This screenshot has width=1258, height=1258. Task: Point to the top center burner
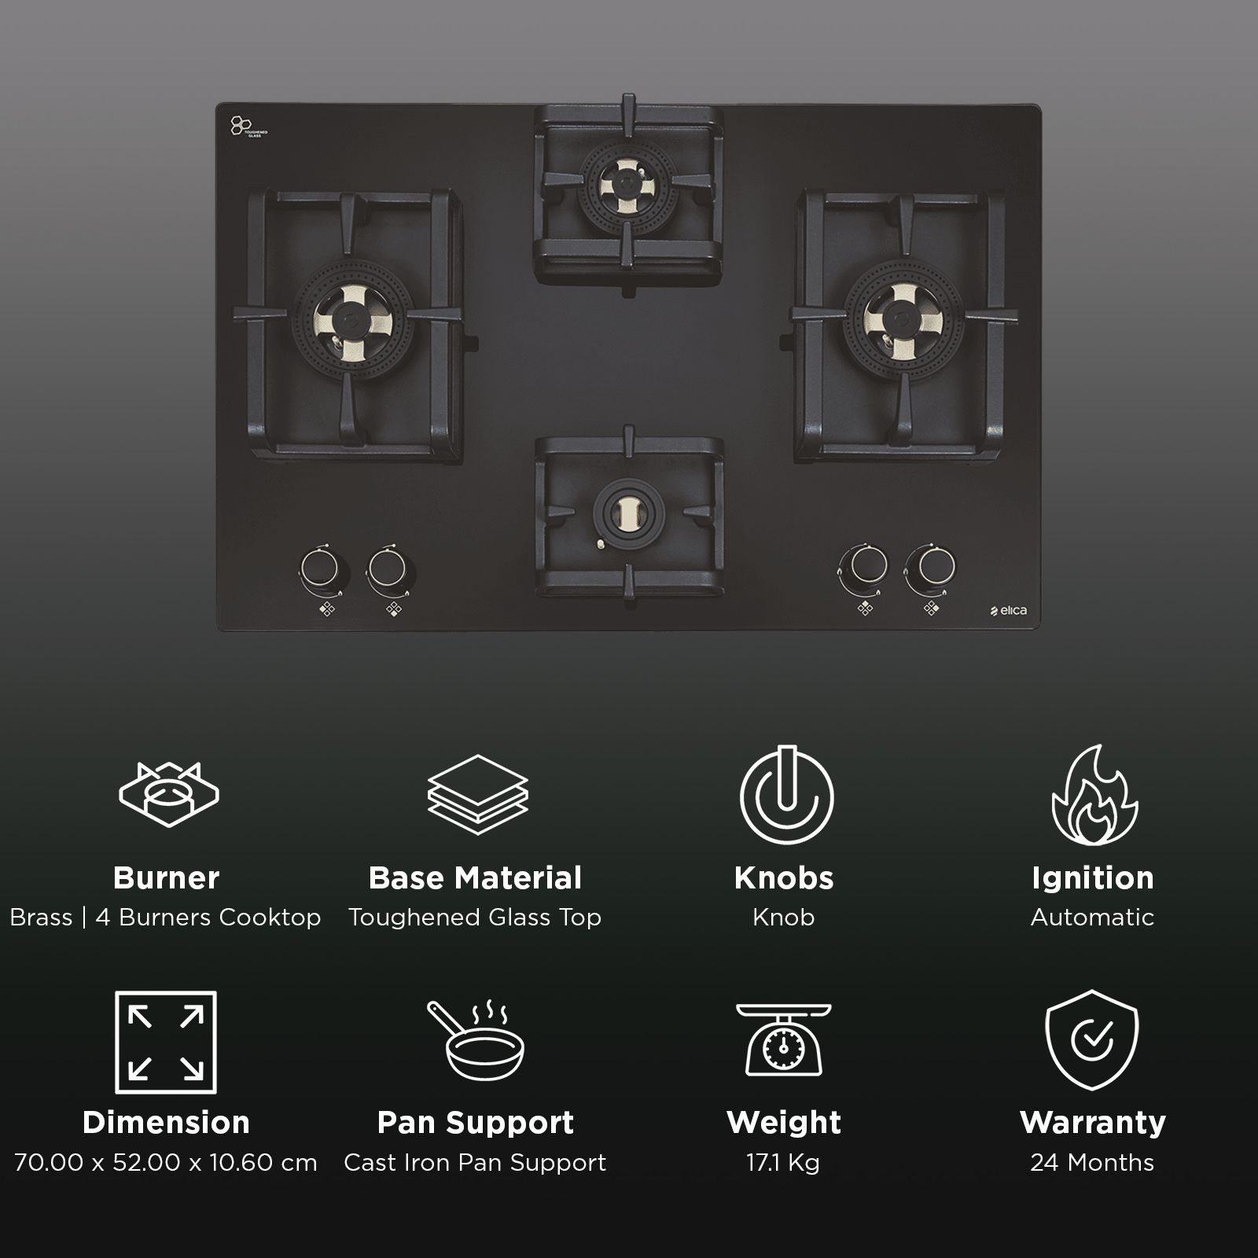627,187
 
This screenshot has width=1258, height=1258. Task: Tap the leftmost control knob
319,566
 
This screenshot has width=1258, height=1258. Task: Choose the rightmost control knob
930,565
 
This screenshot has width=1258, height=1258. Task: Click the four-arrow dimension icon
166,1042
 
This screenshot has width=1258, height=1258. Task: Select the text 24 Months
1091,1162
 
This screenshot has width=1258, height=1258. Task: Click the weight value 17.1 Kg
783,1162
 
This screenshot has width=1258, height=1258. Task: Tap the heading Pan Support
476,1122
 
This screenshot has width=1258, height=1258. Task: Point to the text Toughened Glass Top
475,918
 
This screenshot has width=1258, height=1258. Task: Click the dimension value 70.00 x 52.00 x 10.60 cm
166,1162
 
